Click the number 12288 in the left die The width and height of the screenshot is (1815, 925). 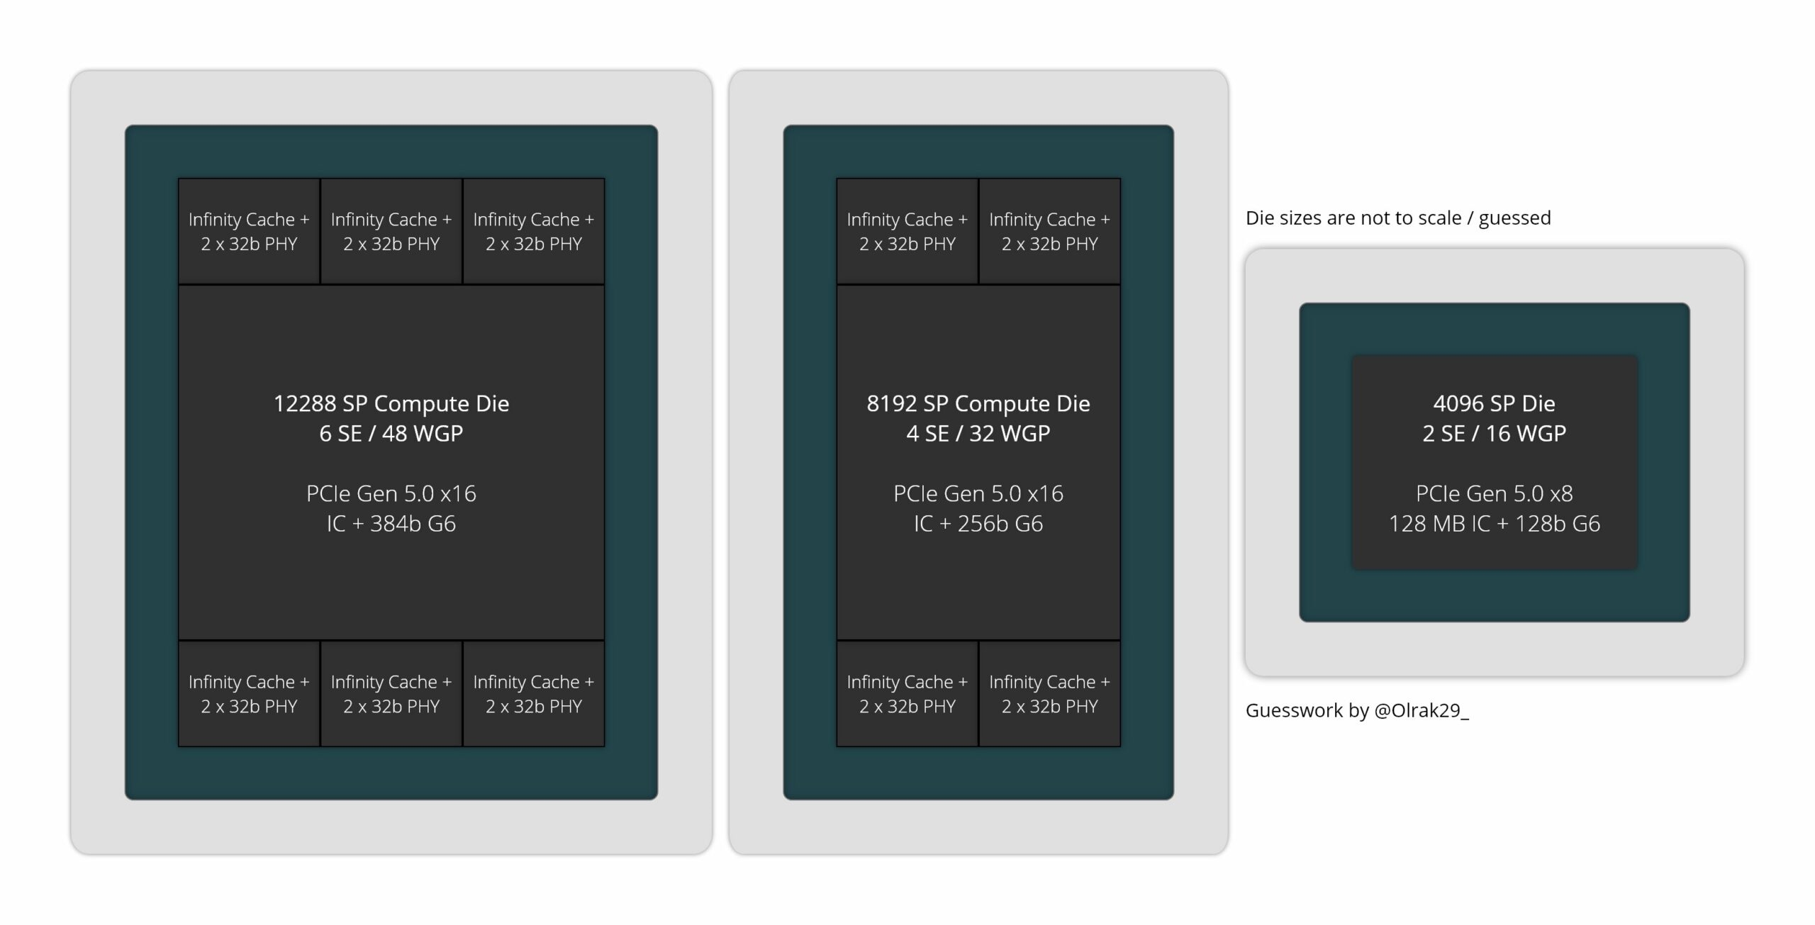[x=304, y=403]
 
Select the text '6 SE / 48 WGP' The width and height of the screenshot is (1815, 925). [x=391, y=433]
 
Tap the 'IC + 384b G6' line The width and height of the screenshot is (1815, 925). [x=391, y=523]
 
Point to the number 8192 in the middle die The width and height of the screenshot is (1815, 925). [x=891, y=403]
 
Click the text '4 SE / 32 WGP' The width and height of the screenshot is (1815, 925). [x=978, y=433]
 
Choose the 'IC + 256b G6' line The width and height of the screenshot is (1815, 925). [x=978, y=523]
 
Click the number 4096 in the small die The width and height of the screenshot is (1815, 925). [x=1458, y=403]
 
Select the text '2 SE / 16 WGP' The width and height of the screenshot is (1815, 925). [x=1495, y=433]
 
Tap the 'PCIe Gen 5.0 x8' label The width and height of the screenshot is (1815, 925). [x=1495, y=493]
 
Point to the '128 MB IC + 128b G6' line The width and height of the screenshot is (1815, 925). [x=1495, y=523]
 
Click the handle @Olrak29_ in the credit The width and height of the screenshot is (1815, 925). [x=1422, y=710]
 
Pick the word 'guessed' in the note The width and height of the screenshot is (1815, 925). [x=1515, y=218]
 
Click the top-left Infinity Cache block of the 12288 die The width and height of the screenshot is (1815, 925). [x=249, y=231]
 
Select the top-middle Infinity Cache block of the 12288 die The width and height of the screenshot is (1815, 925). [x=391, y=231]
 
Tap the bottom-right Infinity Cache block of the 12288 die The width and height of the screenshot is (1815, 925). [x=534, y=693]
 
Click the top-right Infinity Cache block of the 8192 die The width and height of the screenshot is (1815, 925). [x=1050, y=231]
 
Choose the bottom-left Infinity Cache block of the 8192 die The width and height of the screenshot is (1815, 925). [x=907, y=693]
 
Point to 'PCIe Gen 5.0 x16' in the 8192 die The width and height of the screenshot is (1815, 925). [x=978, y=493]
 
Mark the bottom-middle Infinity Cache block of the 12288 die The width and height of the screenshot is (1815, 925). [x=391, y=693]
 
